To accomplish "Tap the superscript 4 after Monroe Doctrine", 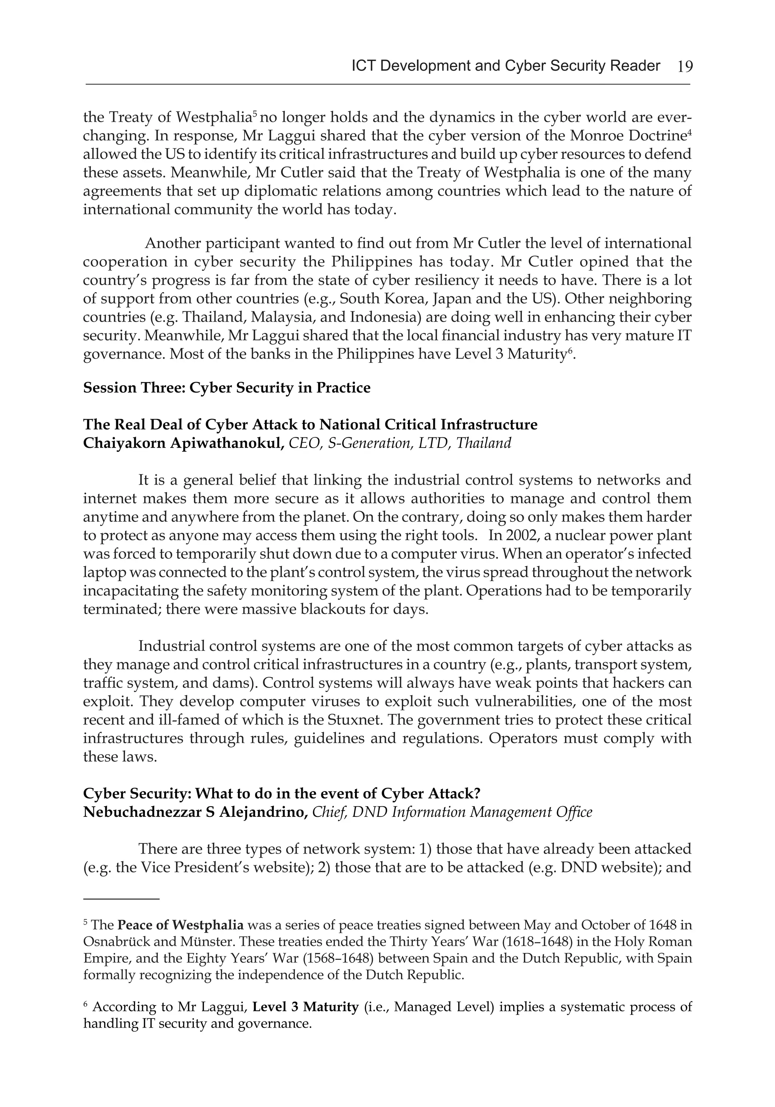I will (x=689, y=131).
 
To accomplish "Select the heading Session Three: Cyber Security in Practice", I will (x=227, y=388).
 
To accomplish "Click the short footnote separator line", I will (x=121, y=899).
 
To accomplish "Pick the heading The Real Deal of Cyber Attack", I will (x=310, y=424).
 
